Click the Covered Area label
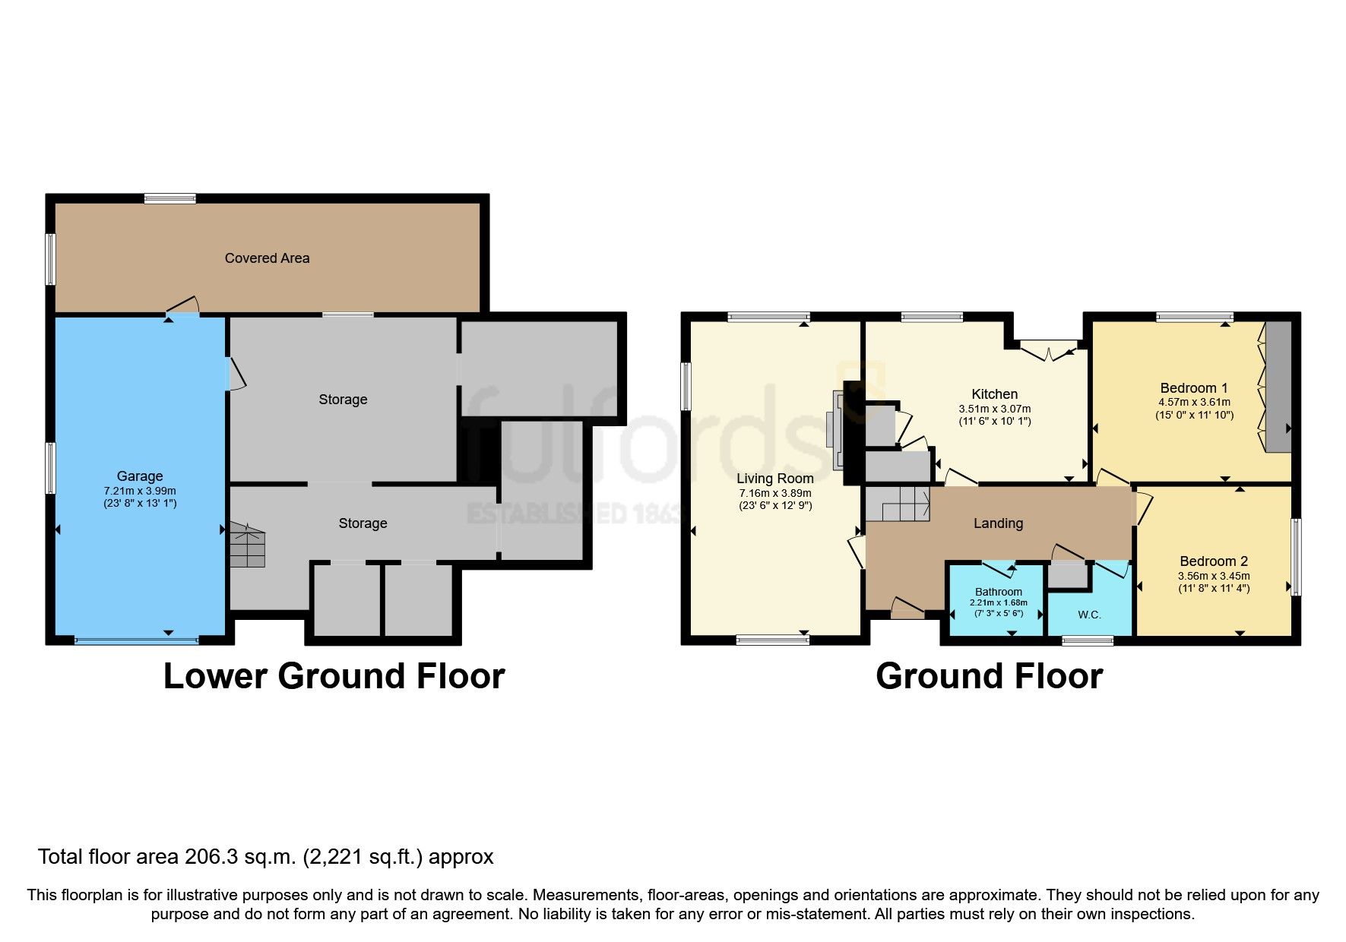(267, 258)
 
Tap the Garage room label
(140, 476)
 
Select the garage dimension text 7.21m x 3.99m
(140, 491)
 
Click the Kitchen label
(995, 394)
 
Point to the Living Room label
(775, 479)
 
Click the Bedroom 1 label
(1194, 388)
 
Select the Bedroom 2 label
(1214, 561)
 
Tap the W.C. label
(1089, 615)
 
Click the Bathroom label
(999, 592)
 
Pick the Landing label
(999, 523)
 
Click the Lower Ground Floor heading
(334, 676)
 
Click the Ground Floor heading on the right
(989, 676)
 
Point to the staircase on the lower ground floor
(248, 545)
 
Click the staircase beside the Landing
(898, 504)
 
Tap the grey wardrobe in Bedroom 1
(1278, 387)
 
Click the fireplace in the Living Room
(838, 429)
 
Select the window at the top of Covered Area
(170, 199)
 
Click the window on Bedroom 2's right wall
(1297, 557)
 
